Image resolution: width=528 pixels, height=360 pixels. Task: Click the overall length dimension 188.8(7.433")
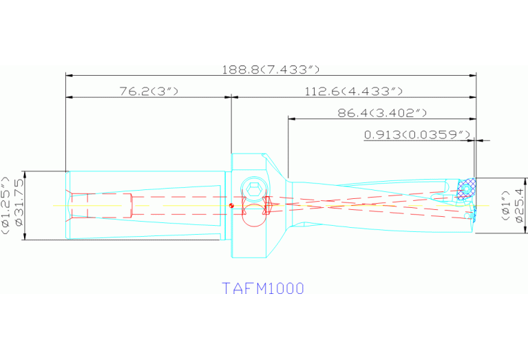click(x=271, y=70)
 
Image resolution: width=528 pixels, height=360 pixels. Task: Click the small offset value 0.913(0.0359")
click(x=416, y=134)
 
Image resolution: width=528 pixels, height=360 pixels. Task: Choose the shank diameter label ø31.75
click(x=19, y=204)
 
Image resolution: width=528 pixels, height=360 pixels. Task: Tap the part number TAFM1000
click(x=262, y=288)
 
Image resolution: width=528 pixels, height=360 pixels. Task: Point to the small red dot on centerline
click(x=233, y=204)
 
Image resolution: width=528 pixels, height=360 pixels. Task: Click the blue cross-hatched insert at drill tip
click(x=467, y=189)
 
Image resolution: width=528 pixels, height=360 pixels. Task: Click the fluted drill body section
click(x=372, y=204)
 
